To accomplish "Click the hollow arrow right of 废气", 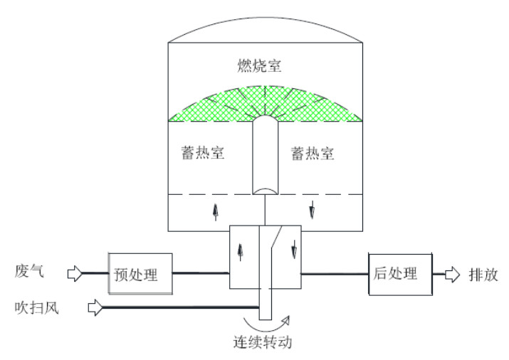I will tap(75, 272).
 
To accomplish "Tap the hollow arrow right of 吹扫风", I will tap(95, 307).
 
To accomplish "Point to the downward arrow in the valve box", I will tap(292, 253).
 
